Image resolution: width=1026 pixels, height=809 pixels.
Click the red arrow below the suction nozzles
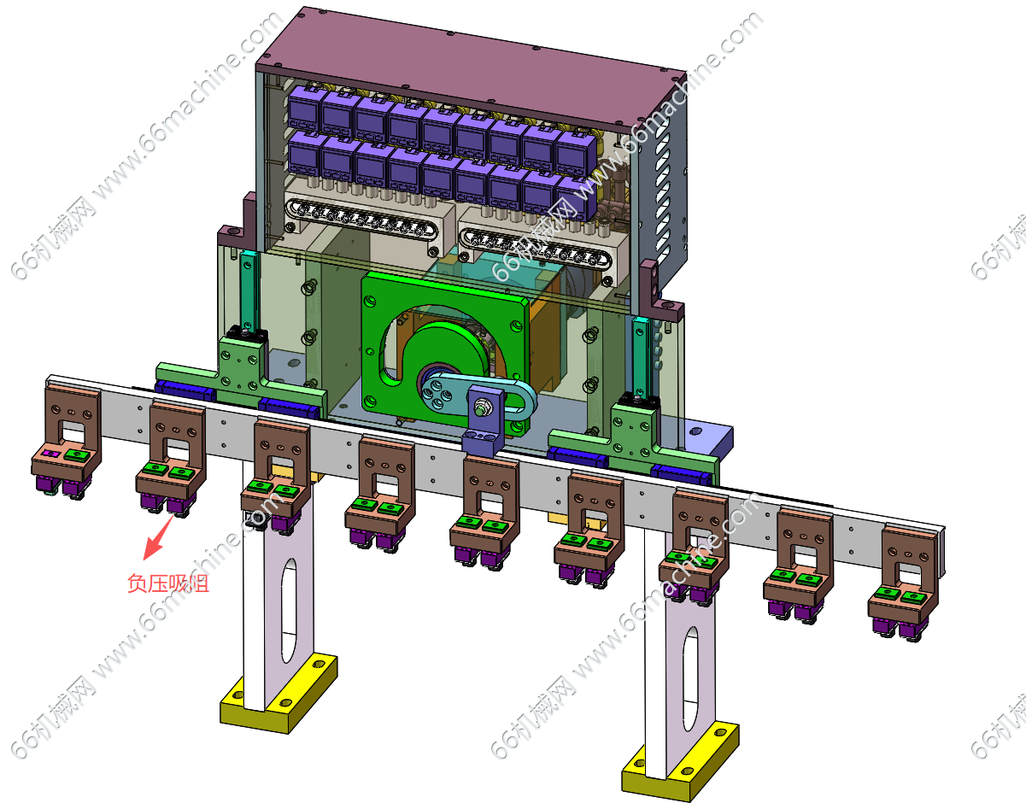(159, 537)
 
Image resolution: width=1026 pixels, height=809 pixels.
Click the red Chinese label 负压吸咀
(167, 583)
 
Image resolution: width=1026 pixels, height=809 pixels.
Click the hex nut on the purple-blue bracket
(481, 408)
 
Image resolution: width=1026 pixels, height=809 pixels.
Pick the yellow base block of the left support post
(278, 694)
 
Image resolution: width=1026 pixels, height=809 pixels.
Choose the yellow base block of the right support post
(680, 762)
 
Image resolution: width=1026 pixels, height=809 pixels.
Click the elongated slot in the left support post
(289, 611)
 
